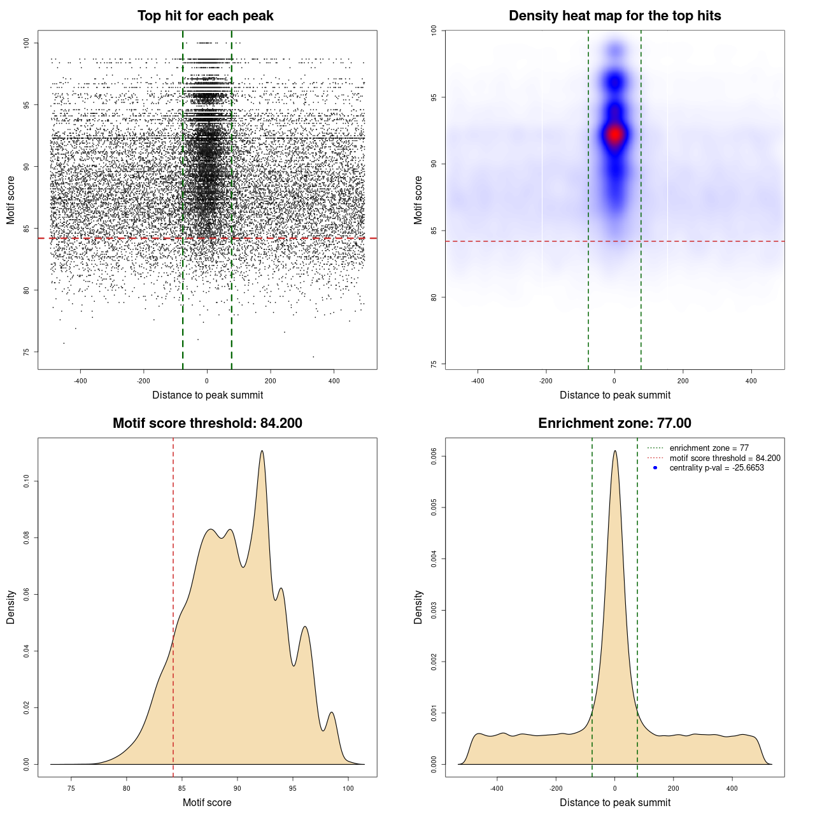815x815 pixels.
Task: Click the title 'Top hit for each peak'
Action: click(x=205, y=16)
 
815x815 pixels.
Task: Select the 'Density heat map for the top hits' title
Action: click(x=614, y=16)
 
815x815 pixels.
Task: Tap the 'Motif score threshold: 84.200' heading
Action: click(x=207, y=423)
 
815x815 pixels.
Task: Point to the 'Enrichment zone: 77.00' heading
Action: click(x=614, y=423)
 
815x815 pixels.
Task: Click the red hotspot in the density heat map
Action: click(x=614, y=134)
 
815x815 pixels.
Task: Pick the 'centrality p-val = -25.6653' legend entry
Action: click(x=716, y=468)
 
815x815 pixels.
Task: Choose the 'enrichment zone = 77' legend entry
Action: click(x=709, y=448)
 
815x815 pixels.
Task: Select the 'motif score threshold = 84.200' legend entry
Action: click(x=725, y=458)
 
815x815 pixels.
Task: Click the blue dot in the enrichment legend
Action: click(x=655, y=468)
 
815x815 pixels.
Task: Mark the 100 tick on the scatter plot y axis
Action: click(x=27, y=43)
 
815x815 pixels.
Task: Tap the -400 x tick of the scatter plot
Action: click(x=80, y=381)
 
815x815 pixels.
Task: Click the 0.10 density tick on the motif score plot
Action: click(x=27, y=482)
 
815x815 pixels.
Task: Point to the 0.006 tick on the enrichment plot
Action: click(x=434, y=456)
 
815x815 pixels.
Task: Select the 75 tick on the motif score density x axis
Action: click(x=71, y=788)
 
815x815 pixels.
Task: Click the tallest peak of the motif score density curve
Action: click(x=262, y=451)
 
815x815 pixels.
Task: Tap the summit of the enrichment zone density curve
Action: click(x=614, y=451)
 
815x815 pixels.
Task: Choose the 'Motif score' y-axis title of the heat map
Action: click(x=418, y=200)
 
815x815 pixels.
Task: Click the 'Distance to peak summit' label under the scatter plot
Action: click(x=208, y=395)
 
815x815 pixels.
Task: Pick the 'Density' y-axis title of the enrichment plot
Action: click(x=418, y=607)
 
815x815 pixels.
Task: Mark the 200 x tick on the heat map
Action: click(x=683, y=381)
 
